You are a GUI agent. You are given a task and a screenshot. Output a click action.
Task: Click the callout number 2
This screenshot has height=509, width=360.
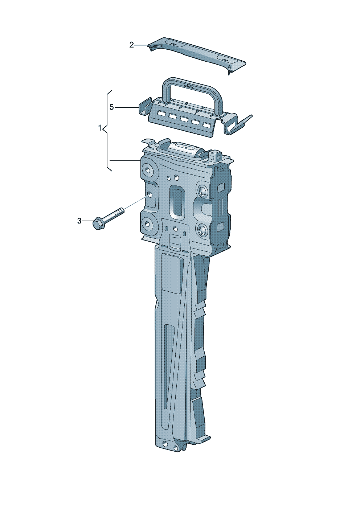click(131, 45)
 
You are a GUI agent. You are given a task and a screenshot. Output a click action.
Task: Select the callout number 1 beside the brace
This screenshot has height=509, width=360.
click(100, 128)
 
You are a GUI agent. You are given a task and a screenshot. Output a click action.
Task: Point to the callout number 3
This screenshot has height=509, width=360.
click(79, 221)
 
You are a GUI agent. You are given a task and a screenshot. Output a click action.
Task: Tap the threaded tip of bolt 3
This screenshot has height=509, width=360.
click(121, 210)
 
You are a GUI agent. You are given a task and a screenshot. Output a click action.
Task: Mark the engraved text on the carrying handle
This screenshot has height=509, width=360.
click(189, 86)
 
